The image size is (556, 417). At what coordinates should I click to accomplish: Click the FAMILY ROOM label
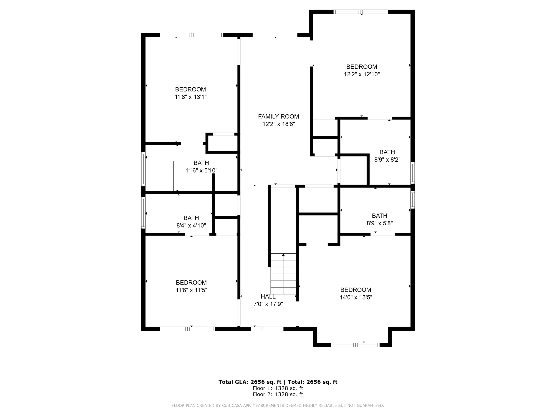coord(279,117)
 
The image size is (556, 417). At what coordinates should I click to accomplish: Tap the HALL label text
coord(268,297)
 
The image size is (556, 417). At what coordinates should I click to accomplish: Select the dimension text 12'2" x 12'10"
coord(362,74)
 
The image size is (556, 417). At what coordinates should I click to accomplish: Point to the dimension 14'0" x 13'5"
coord(356,297)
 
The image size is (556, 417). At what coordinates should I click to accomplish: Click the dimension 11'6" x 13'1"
coord(191,97)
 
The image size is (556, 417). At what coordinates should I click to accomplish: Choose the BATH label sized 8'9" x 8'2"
coord(387,152)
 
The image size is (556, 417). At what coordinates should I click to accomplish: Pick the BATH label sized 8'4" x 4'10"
coord(191,218)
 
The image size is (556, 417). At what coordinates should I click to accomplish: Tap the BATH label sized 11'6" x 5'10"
coord(201,163)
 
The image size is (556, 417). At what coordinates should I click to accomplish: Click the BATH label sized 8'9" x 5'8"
coord(380,216)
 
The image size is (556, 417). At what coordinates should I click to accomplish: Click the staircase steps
coord(283,274)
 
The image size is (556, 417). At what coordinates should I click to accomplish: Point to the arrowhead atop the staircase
coord(283,255)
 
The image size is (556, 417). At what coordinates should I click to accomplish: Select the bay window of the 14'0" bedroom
coord(355,345)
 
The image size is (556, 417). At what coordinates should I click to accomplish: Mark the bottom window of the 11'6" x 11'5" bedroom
coord(188,329)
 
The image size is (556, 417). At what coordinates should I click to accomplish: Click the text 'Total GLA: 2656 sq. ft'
coord(250,382)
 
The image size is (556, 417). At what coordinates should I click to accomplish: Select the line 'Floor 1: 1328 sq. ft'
coord(278,388)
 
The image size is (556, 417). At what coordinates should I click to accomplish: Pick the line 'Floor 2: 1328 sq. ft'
coord(278,394)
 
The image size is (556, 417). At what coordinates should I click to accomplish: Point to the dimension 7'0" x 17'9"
coord(268,304)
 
